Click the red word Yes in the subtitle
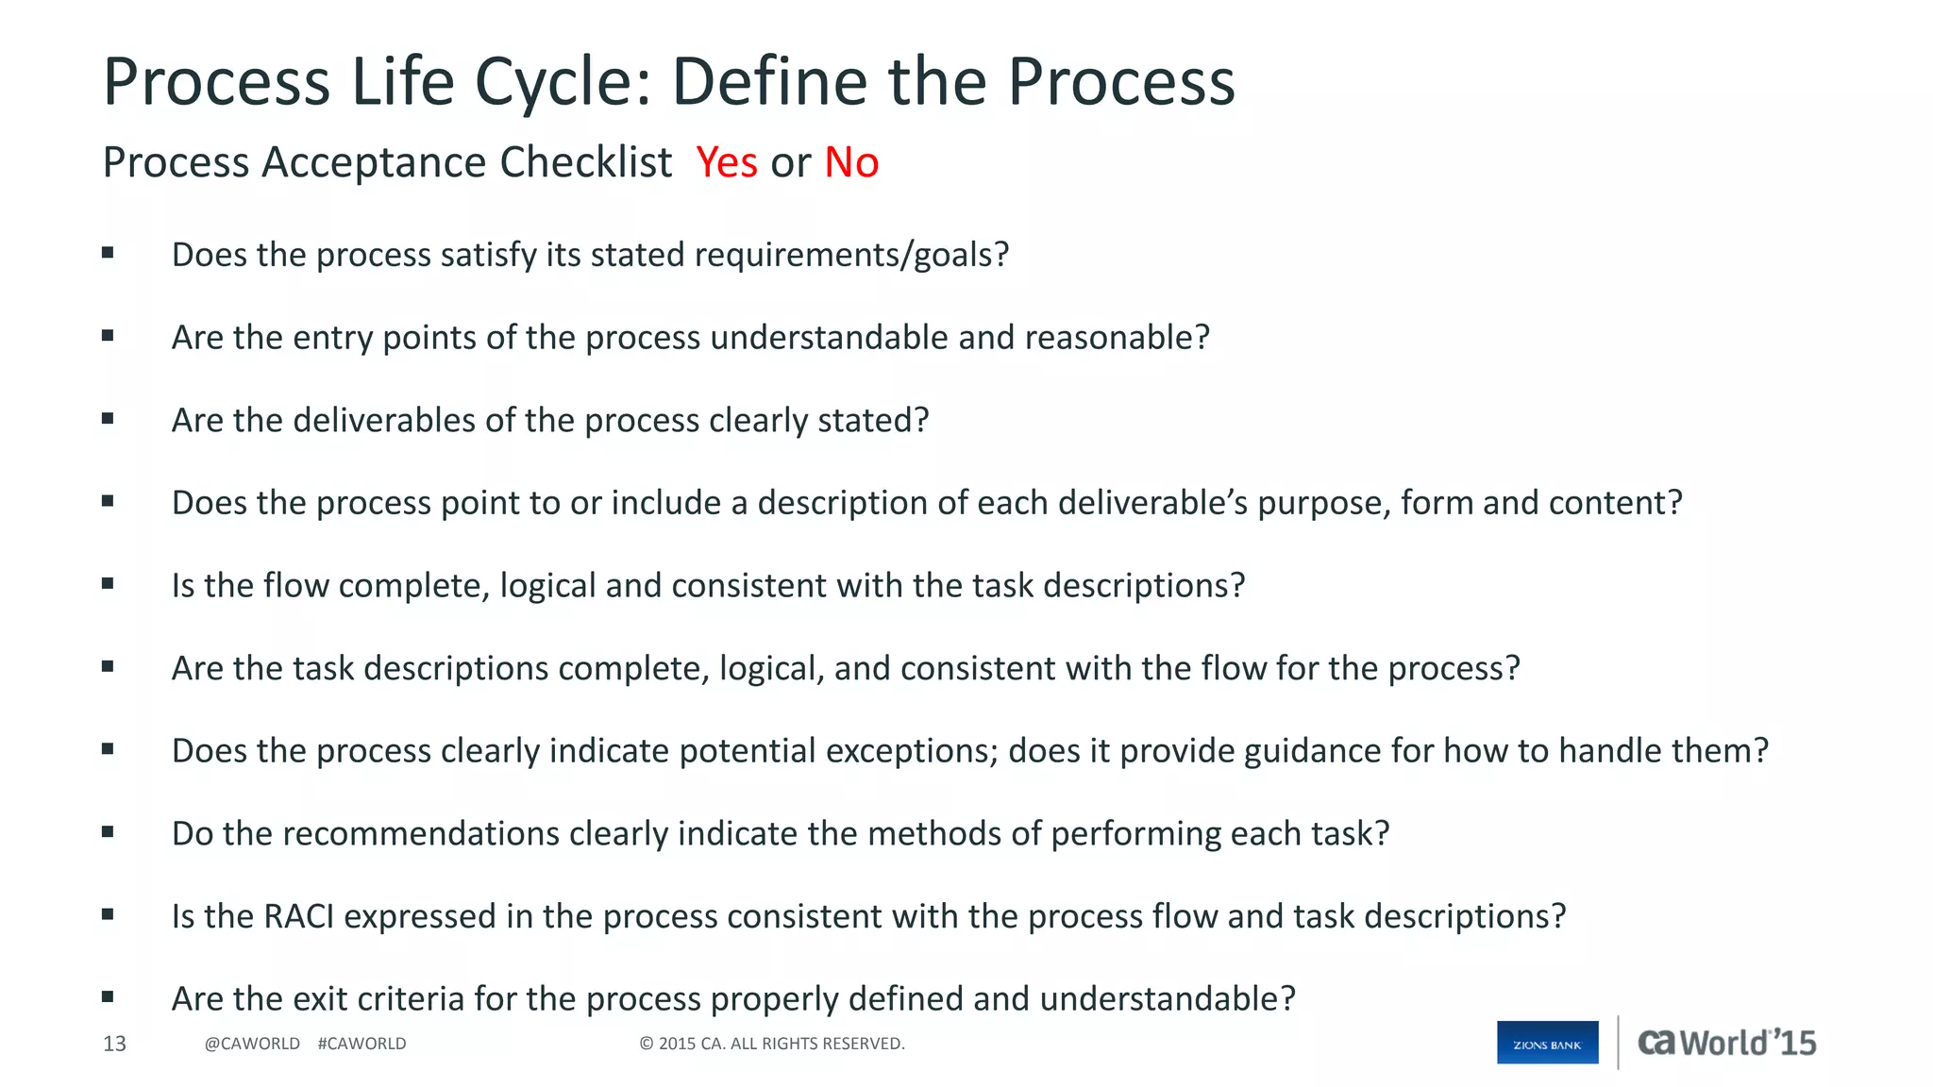[x=726, y=162]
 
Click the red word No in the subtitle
[x=851, y=162]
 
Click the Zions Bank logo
[x=1547, y=1043]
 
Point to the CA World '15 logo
[x=1726, y=1043]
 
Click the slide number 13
[x=114, y=1044]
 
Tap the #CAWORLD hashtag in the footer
[x=361, y=1044]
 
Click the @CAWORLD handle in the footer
[x=252, y=1044]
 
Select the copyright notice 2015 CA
[x=771, y=1044]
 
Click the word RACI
[x=298, y=916]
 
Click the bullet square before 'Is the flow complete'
[x=108, y=584]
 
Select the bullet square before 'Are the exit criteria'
[x=108, y=996]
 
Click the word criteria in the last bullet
[x=420, y=999]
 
